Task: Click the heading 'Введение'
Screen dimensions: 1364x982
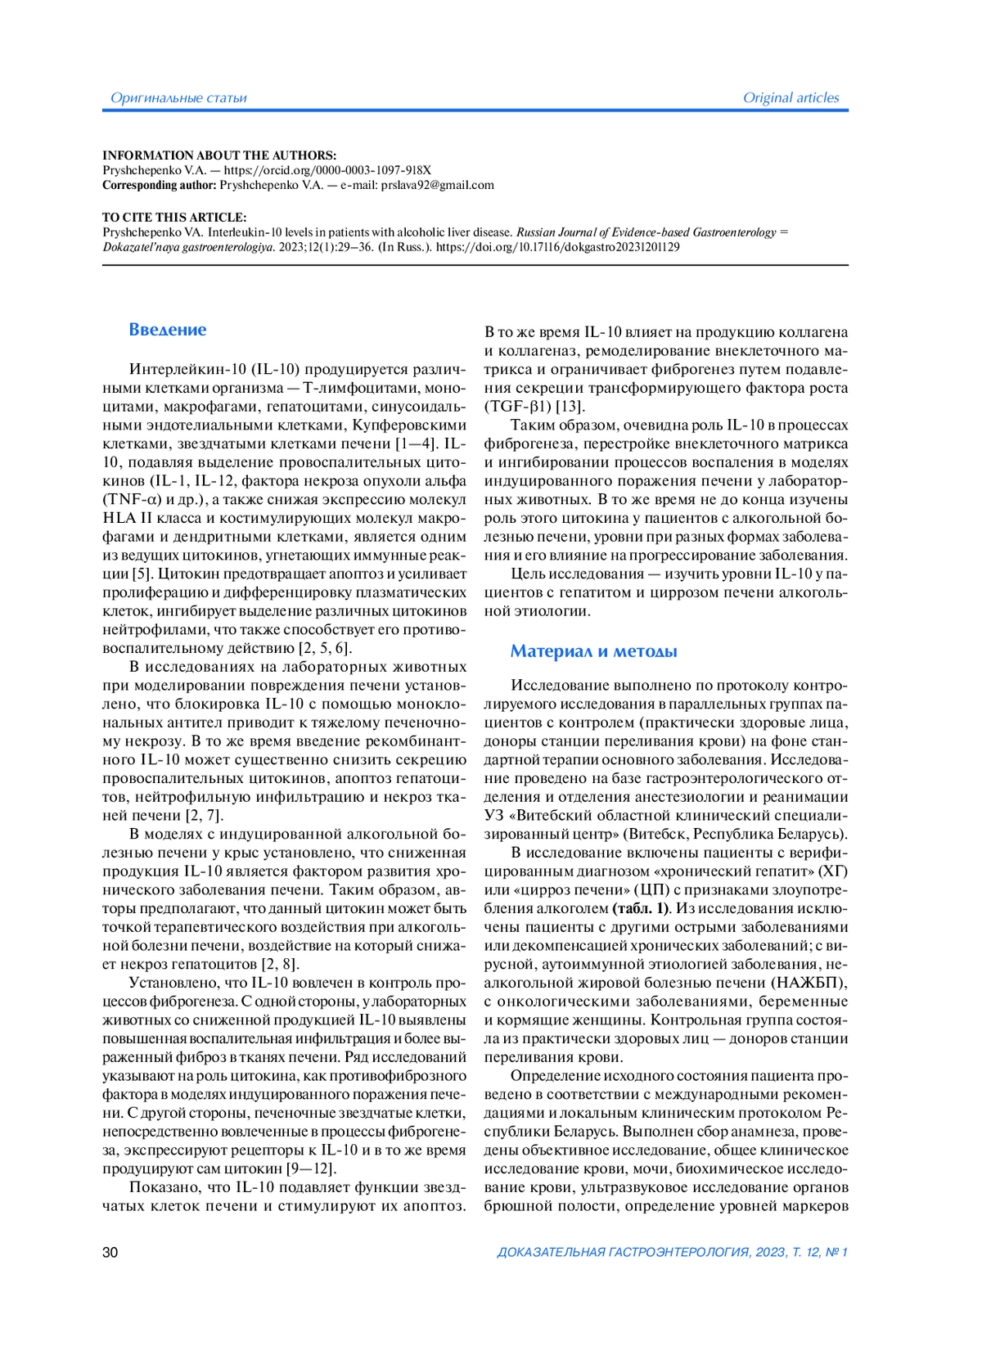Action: [x=168, y=330]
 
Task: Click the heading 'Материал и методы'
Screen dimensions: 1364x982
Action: [x=593, y=651]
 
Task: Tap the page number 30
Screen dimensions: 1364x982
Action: [x=110, y=1252]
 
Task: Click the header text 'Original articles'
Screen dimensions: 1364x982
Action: [x=791, y=97]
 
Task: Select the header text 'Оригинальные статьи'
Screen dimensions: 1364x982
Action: [x=178, y=98]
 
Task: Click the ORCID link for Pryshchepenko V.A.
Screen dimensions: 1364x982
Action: [x=327, y=170]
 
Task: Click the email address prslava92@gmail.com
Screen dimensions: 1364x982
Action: [x=437, y=185]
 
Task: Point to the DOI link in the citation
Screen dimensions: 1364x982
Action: [x=557, y=246]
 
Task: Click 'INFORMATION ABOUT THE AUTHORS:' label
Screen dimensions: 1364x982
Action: [x=219, y=155]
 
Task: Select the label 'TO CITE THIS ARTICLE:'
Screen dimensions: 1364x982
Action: [x=174, y=218]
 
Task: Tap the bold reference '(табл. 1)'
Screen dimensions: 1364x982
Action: [x=640, y=908]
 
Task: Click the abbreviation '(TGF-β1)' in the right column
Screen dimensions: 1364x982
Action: [x=518, y=406]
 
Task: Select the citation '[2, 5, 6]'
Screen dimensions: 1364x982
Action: [x=325, y=648]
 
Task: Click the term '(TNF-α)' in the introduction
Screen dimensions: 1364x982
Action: [x=133, y=499]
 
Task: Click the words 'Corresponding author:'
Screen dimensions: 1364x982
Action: [x=160, y=185]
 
